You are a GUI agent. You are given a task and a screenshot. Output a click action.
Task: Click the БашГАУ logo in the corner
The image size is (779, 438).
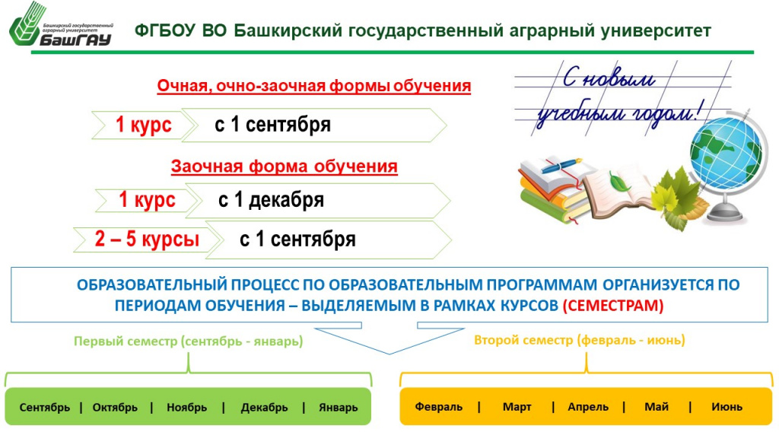(62, 26)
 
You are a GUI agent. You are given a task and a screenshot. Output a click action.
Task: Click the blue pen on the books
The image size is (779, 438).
(561, 166)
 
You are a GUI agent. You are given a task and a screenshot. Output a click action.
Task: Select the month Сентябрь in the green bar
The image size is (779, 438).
(45, 408)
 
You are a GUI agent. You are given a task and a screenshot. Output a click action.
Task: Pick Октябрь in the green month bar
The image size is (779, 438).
(115, 408)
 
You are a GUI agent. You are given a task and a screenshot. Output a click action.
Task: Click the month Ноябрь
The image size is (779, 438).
(187, 408)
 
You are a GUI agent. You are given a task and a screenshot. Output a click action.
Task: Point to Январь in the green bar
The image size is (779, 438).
(339, 408)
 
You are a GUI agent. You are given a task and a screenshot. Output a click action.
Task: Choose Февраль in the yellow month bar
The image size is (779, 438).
(439, 407)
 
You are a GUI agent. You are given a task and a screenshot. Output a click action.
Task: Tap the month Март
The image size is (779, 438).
(517, 407)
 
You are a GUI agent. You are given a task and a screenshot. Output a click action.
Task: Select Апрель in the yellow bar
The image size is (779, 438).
(588, 407)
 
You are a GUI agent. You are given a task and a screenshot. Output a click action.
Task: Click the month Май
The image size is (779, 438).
(657, 407)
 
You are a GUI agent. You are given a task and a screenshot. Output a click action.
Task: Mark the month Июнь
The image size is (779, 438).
(727, 407)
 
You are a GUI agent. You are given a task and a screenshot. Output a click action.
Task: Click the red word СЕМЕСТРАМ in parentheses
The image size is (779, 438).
(613, 305)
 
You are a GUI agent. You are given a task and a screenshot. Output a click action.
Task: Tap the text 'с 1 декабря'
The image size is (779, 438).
(271, 200)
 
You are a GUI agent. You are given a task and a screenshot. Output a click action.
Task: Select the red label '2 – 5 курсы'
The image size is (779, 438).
(147, 239)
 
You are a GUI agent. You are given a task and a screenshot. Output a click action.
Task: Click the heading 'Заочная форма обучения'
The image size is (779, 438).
(285, 166)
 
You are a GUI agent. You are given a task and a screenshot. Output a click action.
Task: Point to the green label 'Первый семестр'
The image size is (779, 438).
(126, 341)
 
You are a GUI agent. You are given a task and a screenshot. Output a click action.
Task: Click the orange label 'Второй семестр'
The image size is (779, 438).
(523, 340)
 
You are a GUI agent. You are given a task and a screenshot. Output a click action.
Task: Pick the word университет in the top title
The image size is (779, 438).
(656, 30)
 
